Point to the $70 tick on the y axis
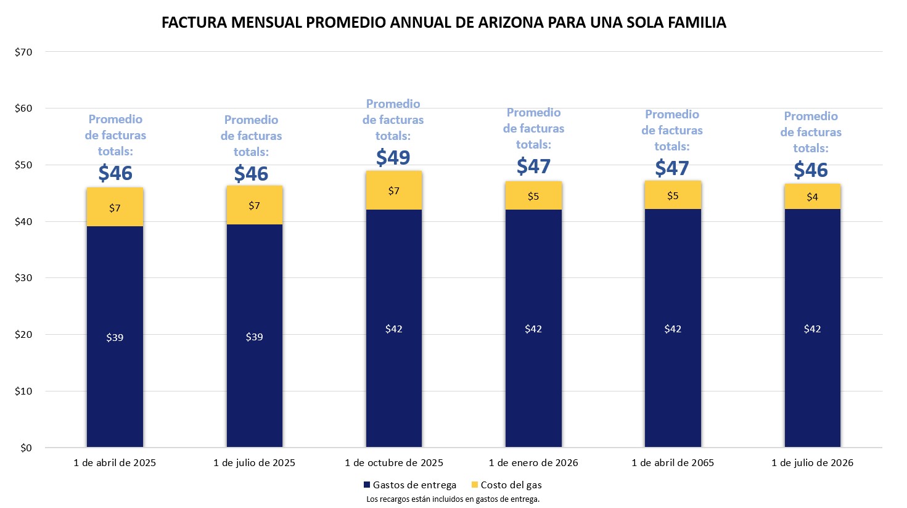pos(23,52)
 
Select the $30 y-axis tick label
pos(23,278)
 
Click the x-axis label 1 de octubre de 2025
pos(394,463)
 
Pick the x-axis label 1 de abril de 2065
pos(673,463)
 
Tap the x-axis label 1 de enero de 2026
pos(533,463)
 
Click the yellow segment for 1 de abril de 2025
pos(115,207)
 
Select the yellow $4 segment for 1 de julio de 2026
pos(812,197)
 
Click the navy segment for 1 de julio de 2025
pos(254,336)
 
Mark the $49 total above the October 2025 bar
pos(393,157)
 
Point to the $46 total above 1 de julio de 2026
pos(811,170)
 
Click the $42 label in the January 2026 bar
pos(533,329)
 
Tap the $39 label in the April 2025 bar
pos(115,338)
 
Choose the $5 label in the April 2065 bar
pos(673,196)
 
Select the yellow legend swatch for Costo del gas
pos(474,485)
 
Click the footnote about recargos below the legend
pos(453,499)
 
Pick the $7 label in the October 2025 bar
pos(394,191)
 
